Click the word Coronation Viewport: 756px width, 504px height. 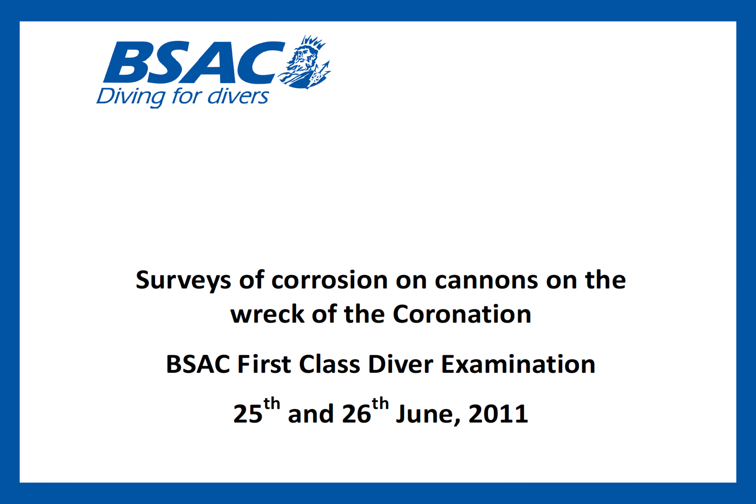coord(462,314)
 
